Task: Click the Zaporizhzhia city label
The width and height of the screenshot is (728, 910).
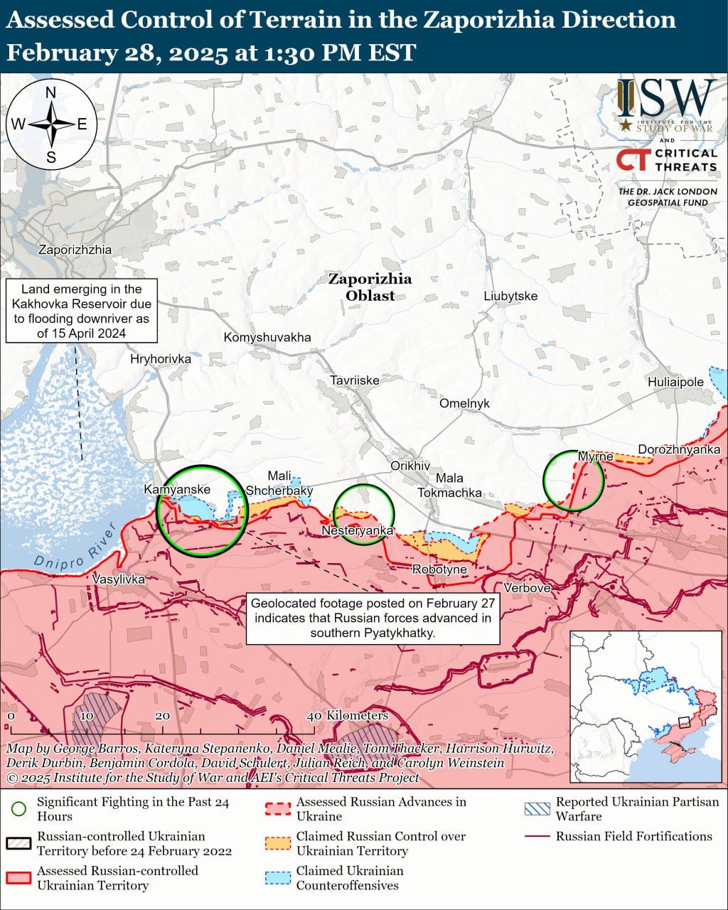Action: point(75,250)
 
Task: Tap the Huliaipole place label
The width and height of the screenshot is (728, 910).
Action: point(675,382)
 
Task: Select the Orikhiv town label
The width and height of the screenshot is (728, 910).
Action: point(410,466)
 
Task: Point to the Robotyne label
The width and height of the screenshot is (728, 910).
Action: point(439,569)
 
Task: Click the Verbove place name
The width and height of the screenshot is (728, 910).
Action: point(527,588)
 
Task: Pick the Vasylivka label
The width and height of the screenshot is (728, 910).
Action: point(119,579)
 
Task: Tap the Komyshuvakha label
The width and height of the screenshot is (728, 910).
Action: point(267,337)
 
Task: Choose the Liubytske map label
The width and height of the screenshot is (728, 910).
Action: point(510,296)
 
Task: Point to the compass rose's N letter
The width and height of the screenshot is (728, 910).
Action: point(51,92)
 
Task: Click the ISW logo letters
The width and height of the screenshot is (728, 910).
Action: point(665,100)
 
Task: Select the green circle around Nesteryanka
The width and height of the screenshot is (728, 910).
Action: point(364,515)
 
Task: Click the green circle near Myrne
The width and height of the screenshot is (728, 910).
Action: point(573,481)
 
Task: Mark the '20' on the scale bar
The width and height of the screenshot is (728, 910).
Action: point(162,716)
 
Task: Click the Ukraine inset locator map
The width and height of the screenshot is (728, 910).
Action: point(645,706)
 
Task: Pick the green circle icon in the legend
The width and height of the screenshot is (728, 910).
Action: point(19,809)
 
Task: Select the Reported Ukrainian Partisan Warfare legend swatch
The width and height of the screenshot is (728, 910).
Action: point(537,809)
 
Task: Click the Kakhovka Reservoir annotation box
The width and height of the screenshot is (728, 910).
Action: point(82,311)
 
